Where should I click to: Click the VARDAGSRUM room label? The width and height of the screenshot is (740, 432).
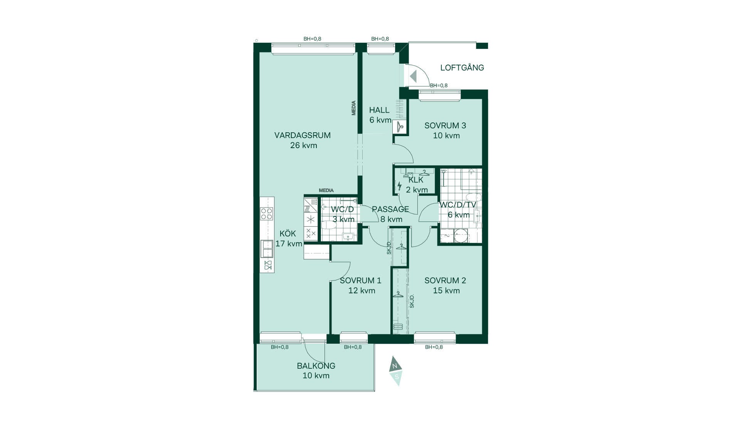(x=303, y=135)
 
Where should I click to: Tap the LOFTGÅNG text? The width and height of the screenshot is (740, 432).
(x=462, y=67)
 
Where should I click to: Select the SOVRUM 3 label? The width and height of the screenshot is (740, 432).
(x=445, y=125)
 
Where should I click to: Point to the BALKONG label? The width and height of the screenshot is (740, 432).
(x=316, y=366)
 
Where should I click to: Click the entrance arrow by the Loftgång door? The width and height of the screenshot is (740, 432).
(x=413, y=76)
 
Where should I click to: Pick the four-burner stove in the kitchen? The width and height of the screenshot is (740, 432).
(x=267, y=213)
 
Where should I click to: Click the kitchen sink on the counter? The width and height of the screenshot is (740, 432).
(x=267, y=248)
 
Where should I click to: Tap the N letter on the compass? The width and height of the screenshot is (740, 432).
(x=394, y=366)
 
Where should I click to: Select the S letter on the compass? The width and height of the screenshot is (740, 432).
(x=397, y=377)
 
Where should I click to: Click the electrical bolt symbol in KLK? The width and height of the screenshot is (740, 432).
(x=399, y=186)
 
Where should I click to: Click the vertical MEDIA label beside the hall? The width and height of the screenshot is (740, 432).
(x=354, y=108)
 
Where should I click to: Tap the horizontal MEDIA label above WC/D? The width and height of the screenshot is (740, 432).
(x=326, y=190)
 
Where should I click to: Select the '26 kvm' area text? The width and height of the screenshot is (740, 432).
(x=304, y=145)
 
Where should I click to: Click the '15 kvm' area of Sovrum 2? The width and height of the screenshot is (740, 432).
(x=446, y=290)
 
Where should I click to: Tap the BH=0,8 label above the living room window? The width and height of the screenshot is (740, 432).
(x=312, y=39)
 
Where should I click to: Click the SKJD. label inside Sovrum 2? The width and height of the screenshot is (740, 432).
(x=412, y=301)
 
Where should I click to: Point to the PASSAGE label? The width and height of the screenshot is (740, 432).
(x=390, y=209)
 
